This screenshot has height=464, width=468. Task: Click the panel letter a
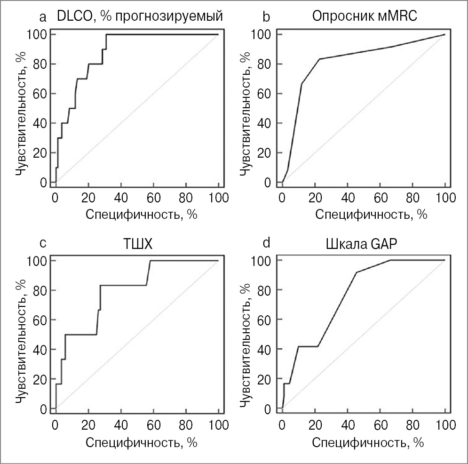(x=43, y=18)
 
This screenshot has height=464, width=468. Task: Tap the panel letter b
(x=267, y=18)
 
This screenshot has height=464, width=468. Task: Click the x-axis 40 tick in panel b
(x=348, y=196)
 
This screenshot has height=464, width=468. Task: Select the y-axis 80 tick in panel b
(x=265, y=64)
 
